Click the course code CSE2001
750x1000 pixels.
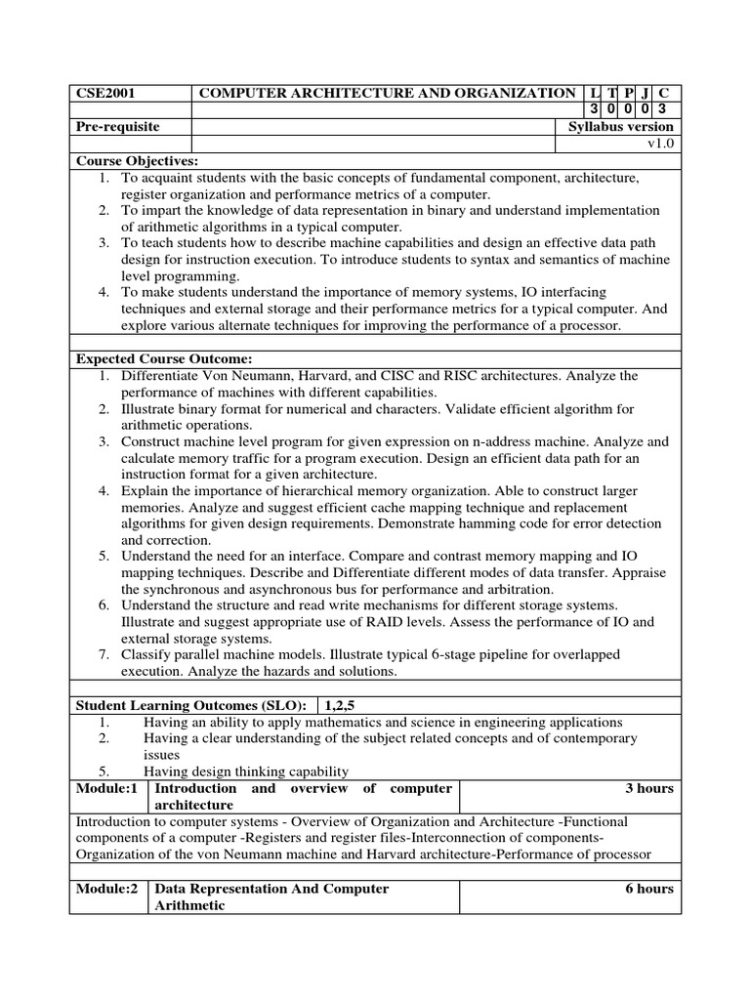(x=104, y=94)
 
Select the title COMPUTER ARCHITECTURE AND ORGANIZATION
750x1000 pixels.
(x=387, y=94)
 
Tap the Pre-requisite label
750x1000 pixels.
(x=117, y=127)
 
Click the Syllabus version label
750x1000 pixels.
(x=620, y=127)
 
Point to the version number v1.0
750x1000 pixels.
(x=660, y=144)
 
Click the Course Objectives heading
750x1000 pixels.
(x=137, y=160)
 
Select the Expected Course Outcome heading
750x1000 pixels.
(x=164, y=358)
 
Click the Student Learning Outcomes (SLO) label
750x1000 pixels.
(x=191, y=705)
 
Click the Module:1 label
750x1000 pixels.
(x=106, y=788)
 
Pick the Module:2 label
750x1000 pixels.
(x=106, y=889)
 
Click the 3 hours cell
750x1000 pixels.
(x=649, y=788)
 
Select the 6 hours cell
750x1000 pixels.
(x=649, y=889)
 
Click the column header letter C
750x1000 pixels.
(x=664, y=93)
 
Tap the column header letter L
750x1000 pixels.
(x=596, y=93)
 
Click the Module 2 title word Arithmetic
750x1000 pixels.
(x=190, y=905)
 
